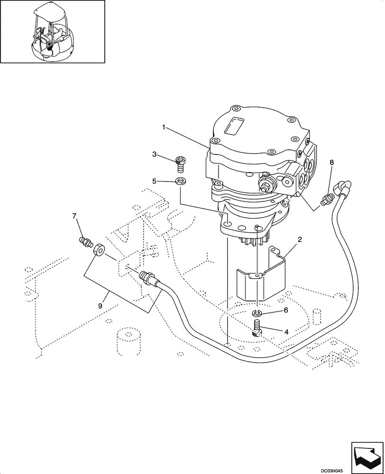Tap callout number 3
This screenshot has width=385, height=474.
pyautogui.click(x=155, y=154)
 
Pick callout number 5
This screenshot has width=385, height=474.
pyautogui.click(x=155, y=181)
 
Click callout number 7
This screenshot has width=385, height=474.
pyautogui.click(x=74, y=217)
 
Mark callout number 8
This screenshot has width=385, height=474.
pyautogui.click(x=331, y=163)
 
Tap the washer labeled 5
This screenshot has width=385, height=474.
pyautogui.click(x=180, y=181)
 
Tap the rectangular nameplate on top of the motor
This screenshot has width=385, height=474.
pyautogui.click(x=235, y=127)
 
